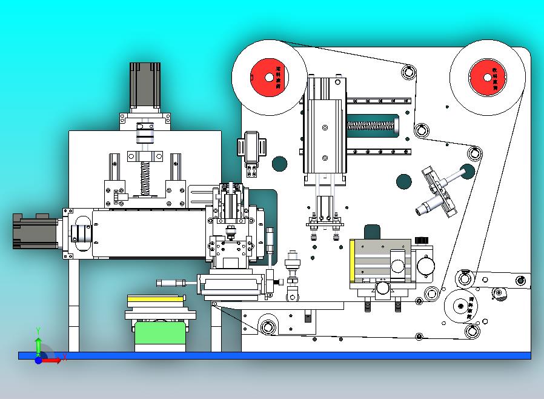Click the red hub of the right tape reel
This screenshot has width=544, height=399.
(x=488, y=78)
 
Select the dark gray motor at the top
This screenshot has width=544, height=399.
(x=145, y=85)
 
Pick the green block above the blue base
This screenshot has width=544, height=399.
(x=159, y=335)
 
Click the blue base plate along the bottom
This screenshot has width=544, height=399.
(x=273, y=355)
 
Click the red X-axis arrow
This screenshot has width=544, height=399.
(x=53, y=360)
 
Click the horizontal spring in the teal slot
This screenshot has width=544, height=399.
(x=371, y=126)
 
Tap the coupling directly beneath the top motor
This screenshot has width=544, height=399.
(x=145, y=133)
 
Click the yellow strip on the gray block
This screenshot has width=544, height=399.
(x=352, y=261)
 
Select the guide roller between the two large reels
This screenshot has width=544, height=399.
(x=410, y=73)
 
